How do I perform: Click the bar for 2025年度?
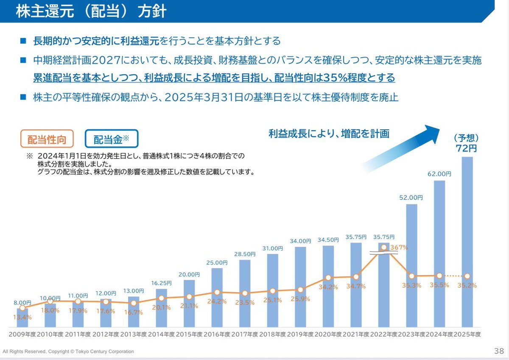(x=467, y=242)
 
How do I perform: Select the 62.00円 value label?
(x=439, y=174)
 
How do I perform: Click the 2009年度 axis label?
(x=22, y=334)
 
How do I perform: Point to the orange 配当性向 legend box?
(x=47, y=139)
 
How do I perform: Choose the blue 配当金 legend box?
(x=112, y=139)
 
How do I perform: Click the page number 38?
(x=499, y=351)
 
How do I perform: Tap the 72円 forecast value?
(x=467, y=148)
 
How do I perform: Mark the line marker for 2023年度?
(x=411, y=276)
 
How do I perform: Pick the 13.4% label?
(x=22, y=317)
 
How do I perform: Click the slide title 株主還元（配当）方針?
(x=91, y=11)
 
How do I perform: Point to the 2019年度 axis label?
(x=300, y=334)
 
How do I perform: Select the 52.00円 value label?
(x=411, y=198)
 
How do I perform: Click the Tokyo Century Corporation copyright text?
(x=68, y=352)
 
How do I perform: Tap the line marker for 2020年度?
(x=328, y=278)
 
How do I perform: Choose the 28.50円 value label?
(x=245, y=254)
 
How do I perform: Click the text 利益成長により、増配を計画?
(x=329, y=134)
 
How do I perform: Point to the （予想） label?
(x=467, y=138)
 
